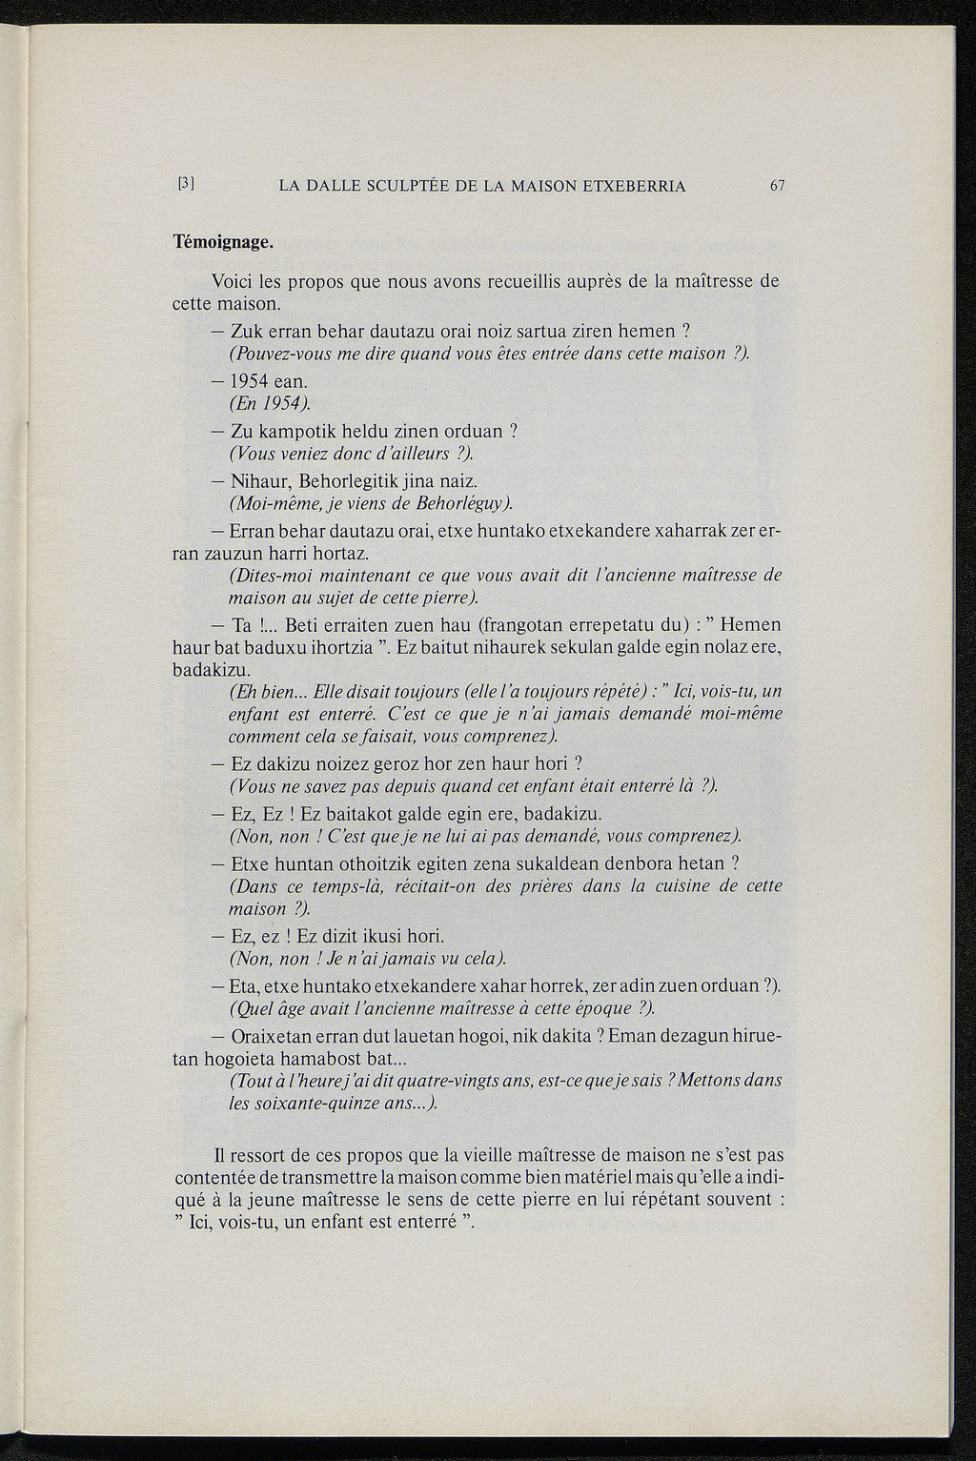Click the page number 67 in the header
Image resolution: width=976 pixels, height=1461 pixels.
(776, 187)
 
